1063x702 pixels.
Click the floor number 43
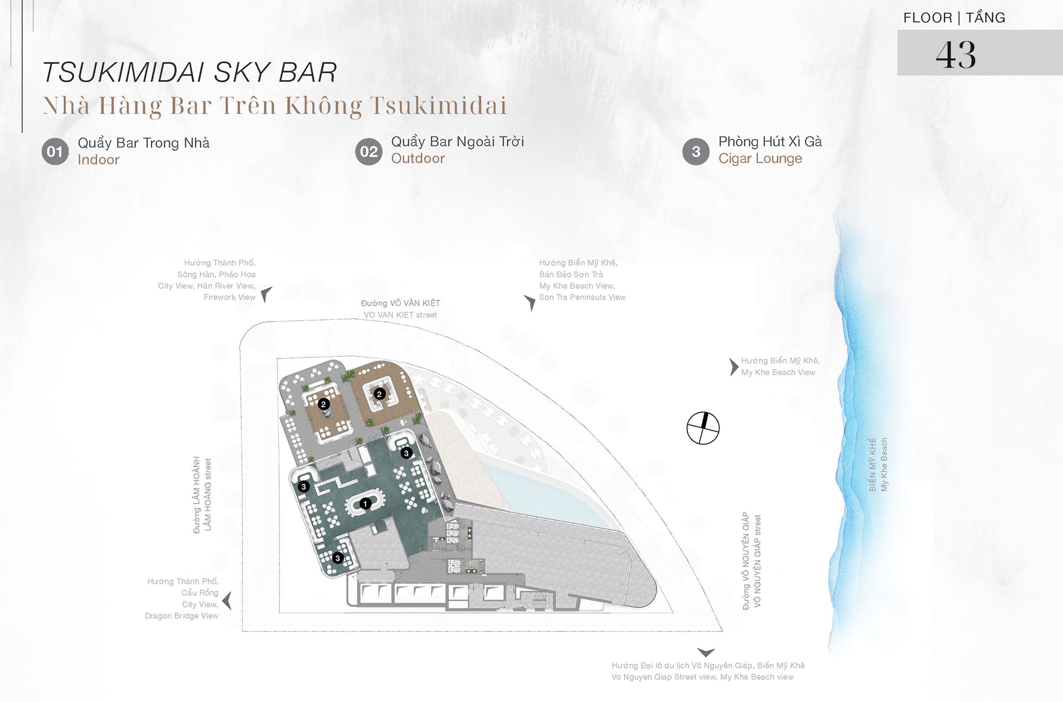tap(956, 55)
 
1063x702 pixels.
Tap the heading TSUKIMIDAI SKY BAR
tap(189, 73)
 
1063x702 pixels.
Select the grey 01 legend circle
tap(55, 152)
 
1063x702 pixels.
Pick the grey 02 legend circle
tap(368, 152)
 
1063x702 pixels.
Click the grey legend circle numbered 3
tap(696, 152)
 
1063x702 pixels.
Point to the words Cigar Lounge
tap(760, 158)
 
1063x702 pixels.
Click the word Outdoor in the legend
tap(418, 158)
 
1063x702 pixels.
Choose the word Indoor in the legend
tap(98, 160)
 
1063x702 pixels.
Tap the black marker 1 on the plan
tap(365, 504)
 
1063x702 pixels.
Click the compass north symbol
tap(703, 428)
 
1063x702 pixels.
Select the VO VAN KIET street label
tap(400, 315)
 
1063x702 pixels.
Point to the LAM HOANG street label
tap(208, 495)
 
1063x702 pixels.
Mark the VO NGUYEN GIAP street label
tap(757, 561)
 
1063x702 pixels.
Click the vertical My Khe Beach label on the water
tap(884, 464)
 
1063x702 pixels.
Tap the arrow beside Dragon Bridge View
tap(227, 600)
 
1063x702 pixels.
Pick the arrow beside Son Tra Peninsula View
tap(530, 303)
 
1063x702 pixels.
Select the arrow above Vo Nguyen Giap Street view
tap(706, 653)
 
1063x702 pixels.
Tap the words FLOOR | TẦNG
tap(954, 18)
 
